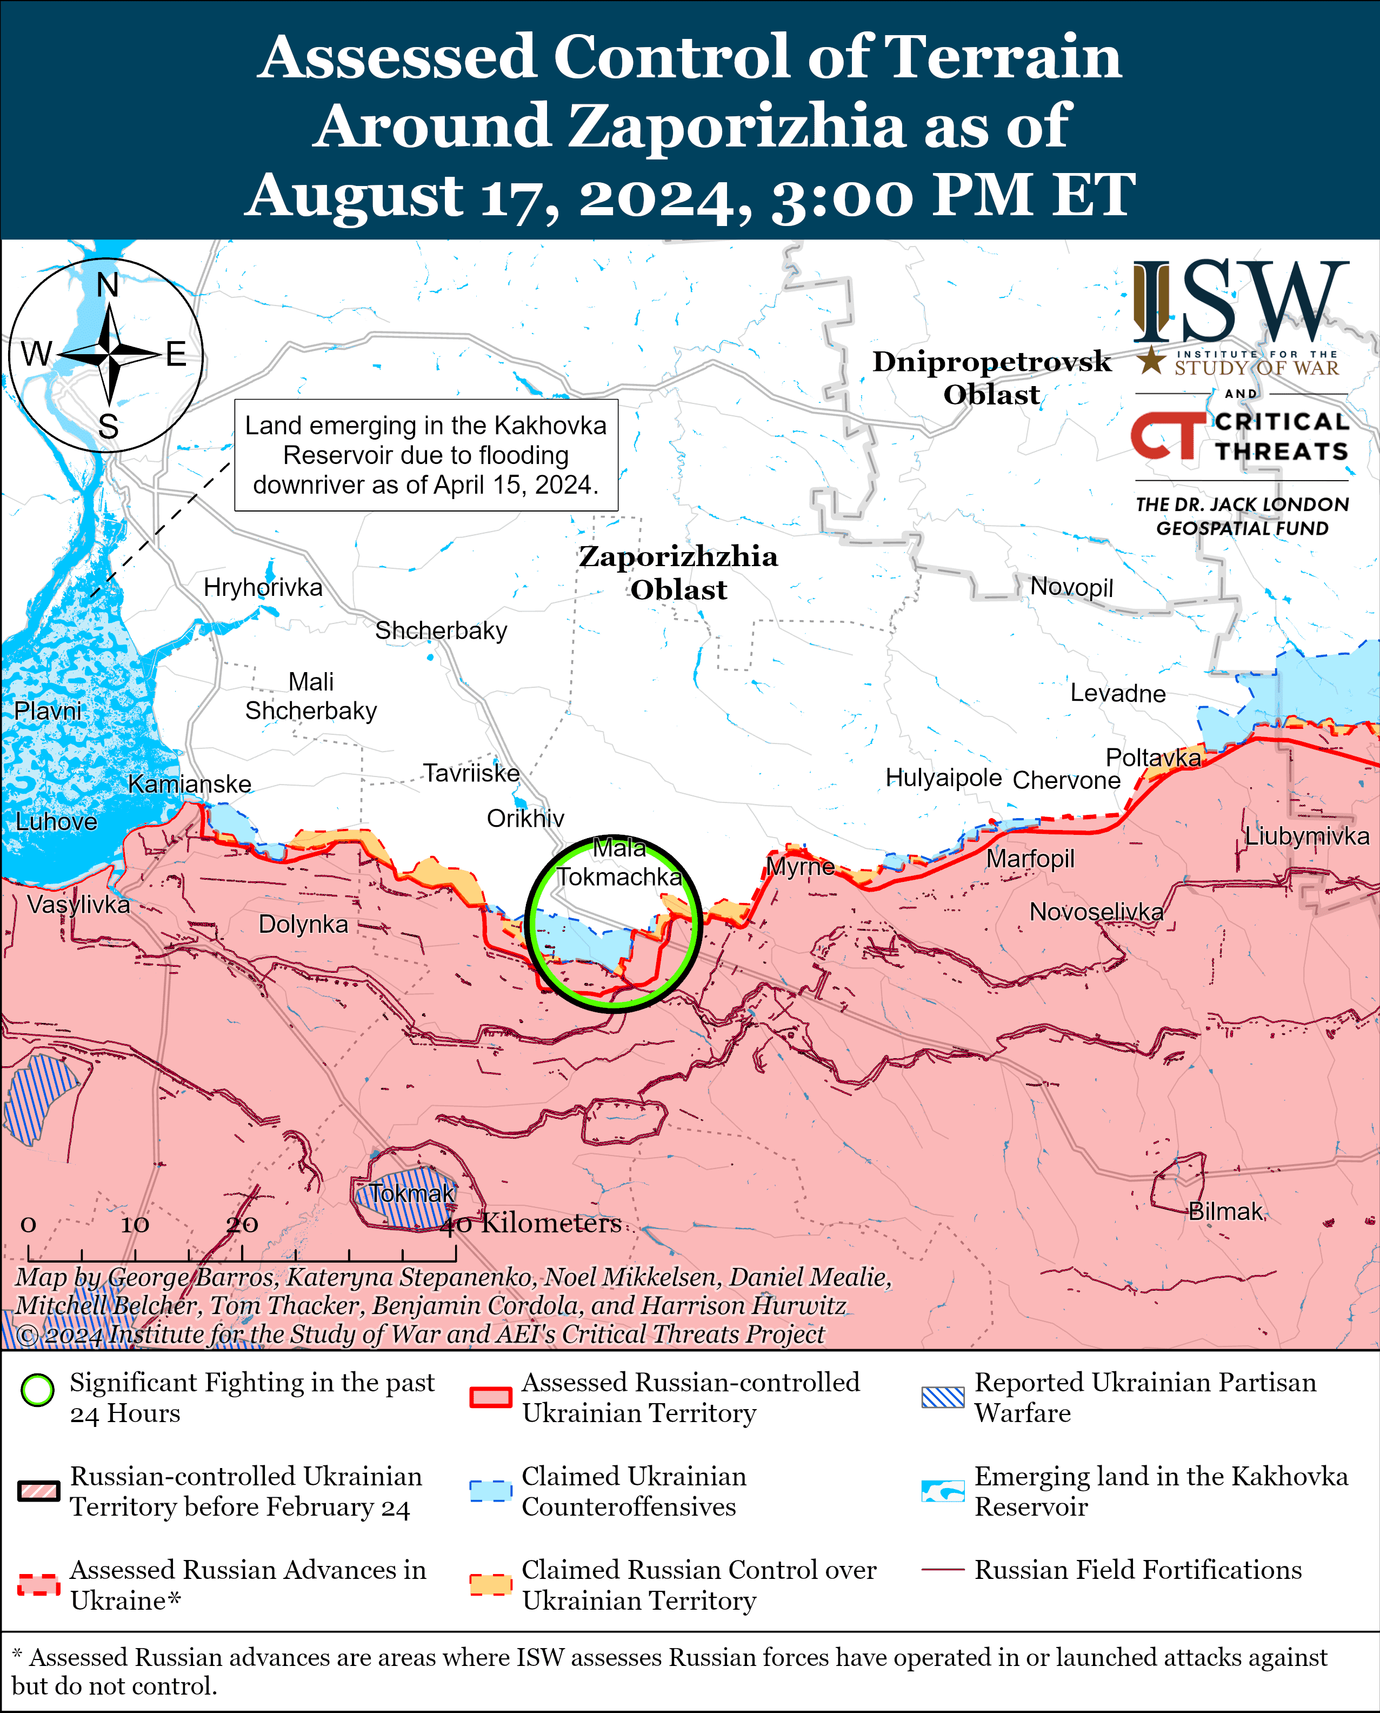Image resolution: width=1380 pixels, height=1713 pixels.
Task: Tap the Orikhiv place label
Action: click(525, 818)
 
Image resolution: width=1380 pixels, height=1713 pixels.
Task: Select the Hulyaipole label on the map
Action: click(944, 777)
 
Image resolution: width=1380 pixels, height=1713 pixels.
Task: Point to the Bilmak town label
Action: click(1225, 1211)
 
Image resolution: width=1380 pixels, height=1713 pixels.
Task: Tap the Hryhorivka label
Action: click(263, 588)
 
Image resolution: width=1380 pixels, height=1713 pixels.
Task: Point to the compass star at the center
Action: click(109, 355)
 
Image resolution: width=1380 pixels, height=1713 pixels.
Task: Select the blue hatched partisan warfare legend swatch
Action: click(943, 1397)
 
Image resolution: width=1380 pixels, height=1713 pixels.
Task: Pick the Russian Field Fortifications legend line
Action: click(943, 1570)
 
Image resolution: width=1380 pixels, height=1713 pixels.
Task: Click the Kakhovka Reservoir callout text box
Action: click(426, 455)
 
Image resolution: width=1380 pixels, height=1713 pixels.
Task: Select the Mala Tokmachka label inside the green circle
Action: click(618, 862)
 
